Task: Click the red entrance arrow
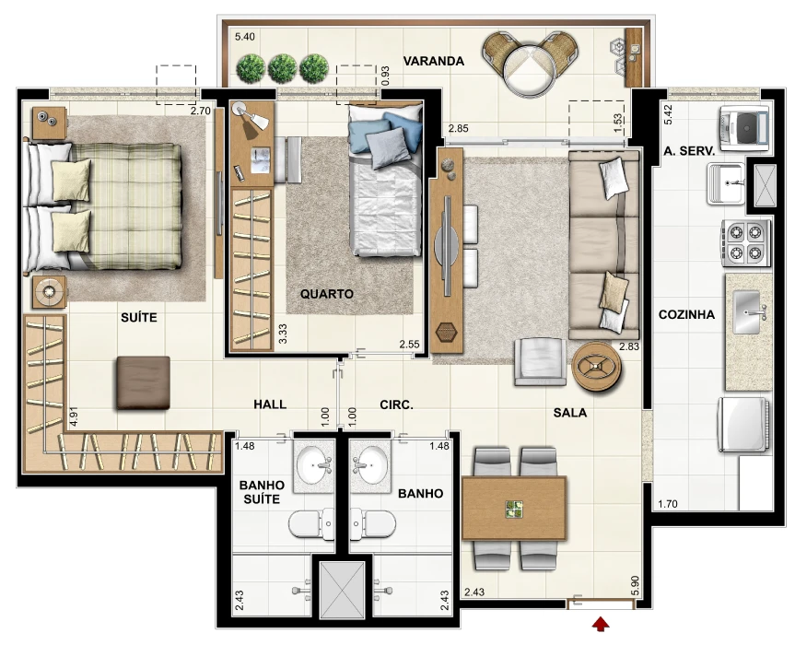(x=601, y=624)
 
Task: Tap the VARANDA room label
(x=434, y=62)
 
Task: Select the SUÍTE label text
(x=139, y=317)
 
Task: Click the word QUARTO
(x=326, y=294)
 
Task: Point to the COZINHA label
(x=686, y=315)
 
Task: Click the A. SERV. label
(x=689, y=150)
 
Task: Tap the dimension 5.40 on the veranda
(x=245, y=37)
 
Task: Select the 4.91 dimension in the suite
(x=74, y=416)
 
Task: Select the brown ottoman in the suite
(x=144, y=382)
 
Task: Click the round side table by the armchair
(x=597, y=366)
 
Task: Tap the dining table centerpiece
(x=514, y=510)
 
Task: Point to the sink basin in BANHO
(x=371, y=465)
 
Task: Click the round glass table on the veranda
(x=530, y=70)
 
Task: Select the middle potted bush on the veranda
(x=282, y=69)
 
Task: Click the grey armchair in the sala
(x=540, y=361)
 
